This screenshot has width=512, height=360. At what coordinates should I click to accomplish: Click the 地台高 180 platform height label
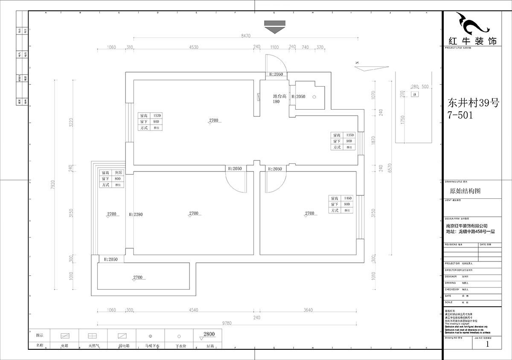pyautogui.click(x=279, y=99)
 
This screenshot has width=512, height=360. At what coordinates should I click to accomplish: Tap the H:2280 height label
pyautogui.click(x=136, y=214)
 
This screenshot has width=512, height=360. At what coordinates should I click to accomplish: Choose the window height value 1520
pyautogui.click(x=157, y=116)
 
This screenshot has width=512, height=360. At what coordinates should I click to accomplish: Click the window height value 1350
pyautogui.click(x=349, y=135)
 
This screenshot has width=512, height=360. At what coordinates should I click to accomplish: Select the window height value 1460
pyautogui.click(x=347, y=198)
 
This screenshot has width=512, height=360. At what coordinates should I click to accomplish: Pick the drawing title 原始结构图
pyautogui.click(x=465, y=191)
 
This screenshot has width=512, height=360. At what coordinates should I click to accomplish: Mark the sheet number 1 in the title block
pyautogui.click(x=487, y=344)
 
